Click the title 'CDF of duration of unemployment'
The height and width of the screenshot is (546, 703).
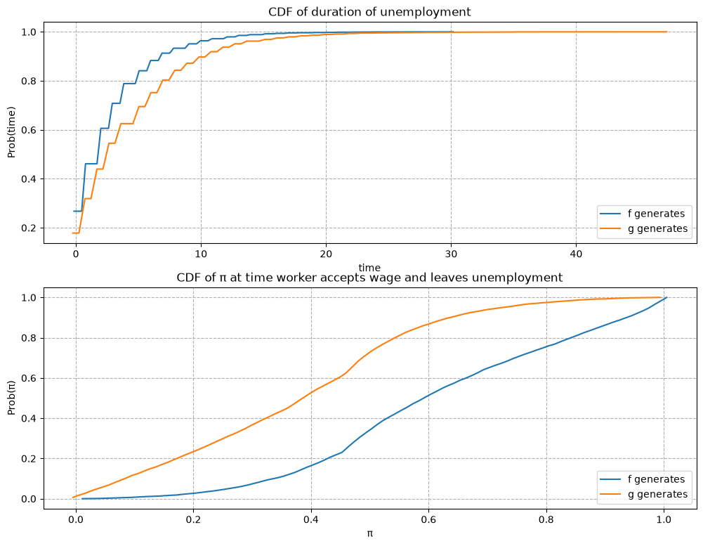[x=369, y=12]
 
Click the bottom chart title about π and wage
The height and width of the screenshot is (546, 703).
[x=369, y=278]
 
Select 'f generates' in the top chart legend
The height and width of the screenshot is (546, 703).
[x=657, y=214]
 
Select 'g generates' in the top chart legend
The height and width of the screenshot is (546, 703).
[x=658, y=229]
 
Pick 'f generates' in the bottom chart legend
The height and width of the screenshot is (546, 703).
[x=657, y=479]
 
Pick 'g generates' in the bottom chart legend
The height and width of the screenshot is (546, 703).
[x=658, y=495]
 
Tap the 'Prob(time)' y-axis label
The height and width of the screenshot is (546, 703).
[x=11, y=132]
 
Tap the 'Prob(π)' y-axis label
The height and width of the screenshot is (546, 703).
[x=11, y=398]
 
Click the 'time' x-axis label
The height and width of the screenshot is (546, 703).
[x=369, y=268]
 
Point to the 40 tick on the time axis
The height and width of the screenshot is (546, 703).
[x=576, y=254]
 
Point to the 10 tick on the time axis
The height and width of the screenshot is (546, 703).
[x=201, y=254]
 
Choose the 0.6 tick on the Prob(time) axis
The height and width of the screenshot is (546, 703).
[x=30, y=130]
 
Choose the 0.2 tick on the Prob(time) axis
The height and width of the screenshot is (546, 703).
[x=30, y=228]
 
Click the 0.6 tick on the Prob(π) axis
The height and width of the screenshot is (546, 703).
[x=30, y=379]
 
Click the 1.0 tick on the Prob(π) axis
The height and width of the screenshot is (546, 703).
[x=30, y=298]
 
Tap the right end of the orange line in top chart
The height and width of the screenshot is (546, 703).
[x=666, y=32]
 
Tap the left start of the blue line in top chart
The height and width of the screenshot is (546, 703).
[x=74, y=212]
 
